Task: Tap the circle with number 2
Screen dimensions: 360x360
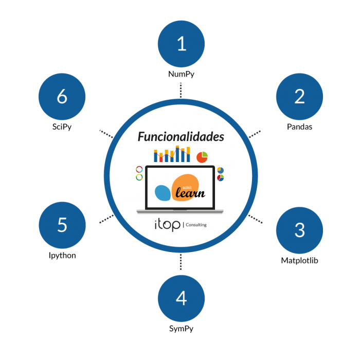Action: (299, 96)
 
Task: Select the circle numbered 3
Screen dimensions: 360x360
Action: (299, 230)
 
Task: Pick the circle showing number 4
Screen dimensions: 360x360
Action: (181, 298)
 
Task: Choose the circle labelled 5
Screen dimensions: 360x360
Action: (62, 225)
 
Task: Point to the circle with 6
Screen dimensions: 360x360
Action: (62, 96)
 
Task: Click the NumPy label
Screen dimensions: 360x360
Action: (181, 74)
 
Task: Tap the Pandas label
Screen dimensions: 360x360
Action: (299, 127)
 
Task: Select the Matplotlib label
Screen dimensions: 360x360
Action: (299, 261)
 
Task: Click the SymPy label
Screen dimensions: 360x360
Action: (181, 329)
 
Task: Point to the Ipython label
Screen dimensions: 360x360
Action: (62, 256)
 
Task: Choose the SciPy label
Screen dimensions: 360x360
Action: (62, 127)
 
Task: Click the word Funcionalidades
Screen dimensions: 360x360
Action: (181, 137)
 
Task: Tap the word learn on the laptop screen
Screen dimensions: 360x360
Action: (190, 193)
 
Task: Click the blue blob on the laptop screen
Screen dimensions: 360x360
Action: (163, 192)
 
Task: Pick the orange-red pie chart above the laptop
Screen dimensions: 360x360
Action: (202, 155)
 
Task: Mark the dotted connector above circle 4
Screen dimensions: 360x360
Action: (181, 262)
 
